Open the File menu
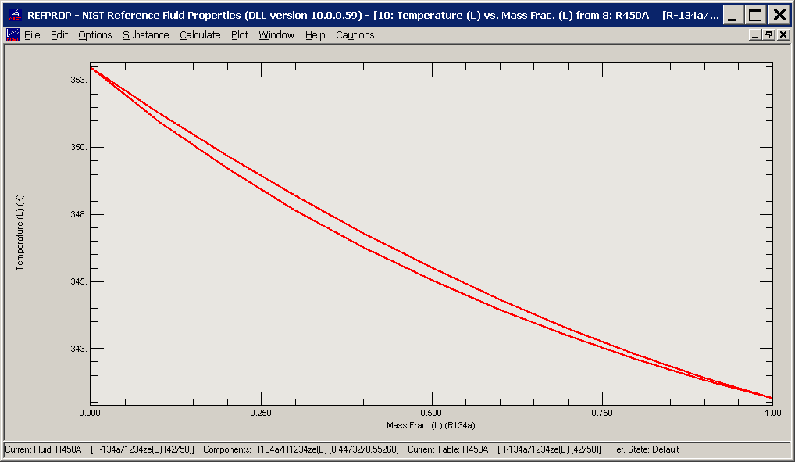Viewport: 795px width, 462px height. [x=32, y=35]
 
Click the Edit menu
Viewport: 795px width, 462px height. [x=59, y=35]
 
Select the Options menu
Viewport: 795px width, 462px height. [x=95, y=35]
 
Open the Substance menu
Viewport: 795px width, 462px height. [x=146, y=35]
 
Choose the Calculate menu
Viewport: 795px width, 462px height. [x=200, y=35]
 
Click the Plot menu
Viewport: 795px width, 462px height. [x=240, y=35]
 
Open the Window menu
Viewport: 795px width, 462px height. [x=276, y=35]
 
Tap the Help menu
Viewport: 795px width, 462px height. [x=316, y=35]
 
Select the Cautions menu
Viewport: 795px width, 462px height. [x=355, y=35]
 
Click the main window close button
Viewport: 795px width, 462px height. [x=779, y=14]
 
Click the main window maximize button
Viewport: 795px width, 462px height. [x=755, y=14]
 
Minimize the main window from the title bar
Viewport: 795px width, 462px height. [x=733, y=14]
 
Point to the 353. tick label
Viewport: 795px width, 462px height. [x=78, y=81]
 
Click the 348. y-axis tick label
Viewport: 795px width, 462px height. [x=78, y=215]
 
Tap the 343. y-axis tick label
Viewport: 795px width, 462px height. [x=78, y=349]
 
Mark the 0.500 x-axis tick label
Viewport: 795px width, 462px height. [x=431, y=412]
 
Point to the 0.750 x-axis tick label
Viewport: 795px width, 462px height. [x=601, y=412]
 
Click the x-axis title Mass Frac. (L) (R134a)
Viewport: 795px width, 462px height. [x=431, y=426]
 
